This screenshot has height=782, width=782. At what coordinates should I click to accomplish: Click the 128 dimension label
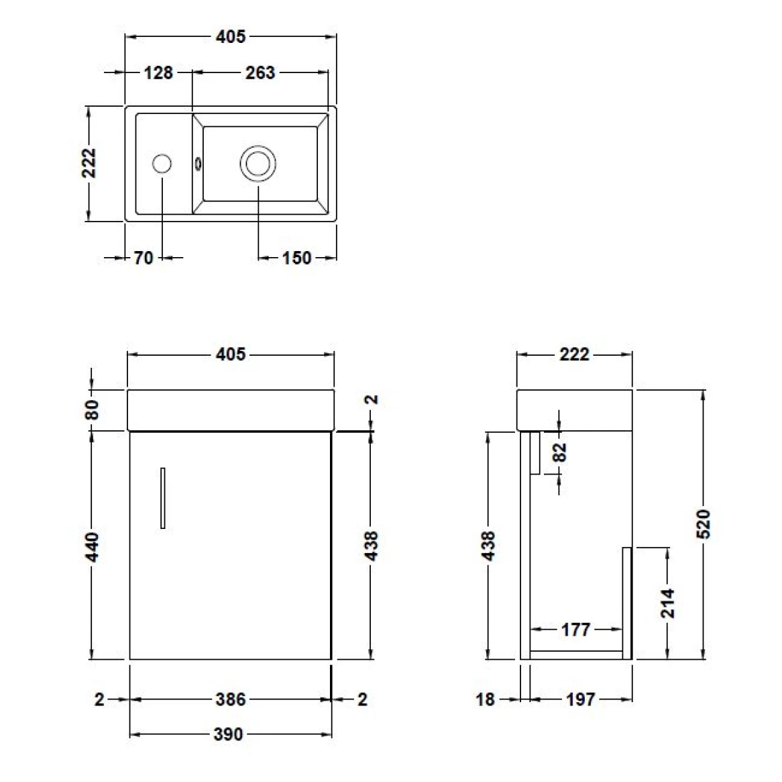point(158,72)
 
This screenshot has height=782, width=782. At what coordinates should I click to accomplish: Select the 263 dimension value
point(260,72)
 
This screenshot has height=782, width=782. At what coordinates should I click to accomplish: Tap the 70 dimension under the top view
point(144,258)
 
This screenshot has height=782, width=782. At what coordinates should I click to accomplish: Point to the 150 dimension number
point(296,258)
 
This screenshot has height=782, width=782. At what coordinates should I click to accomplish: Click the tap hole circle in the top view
point(162,164)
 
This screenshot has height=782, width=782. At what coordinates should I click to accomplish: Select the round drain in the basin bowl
point(258,163)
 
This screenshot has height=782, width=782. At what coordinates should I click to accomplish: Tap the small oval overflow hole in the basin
point(198,163)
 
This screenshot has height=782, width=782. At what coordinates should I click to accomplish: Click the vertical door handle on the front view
point(163,498)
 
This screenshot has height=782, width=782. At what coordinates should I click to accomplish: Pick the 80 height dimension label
point(93,409)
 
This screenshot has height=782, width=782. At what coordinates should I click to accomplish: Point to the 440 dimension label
point(93,546)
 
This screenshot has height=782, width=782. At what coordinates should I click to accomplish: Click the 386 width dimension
point(230,699)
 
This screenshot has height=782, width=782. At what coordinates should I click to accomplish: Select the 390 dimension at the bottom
point(228,734)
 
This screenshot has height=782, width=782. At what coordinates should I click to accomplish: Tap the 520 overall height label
point(703,524)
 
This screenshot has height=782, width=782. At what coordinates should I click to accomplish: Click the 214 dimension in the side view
point(667,603)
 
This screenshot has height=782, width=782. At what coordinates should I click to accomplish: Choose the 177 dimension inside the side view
point(575,630)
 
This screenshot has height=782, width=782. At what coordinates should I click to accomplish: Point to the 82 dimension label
point(561,451)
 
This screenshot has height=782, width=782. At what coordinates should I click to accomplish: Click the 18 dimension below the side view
point(485,699)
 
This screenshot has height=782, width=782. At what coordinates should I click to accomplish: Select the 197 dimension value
point(579,699)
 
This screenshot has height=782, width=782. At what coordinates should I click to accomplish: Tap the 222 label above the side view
point(574,354)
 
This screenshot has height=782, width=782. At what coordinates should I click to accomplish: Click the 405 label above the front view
point(230,354)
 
